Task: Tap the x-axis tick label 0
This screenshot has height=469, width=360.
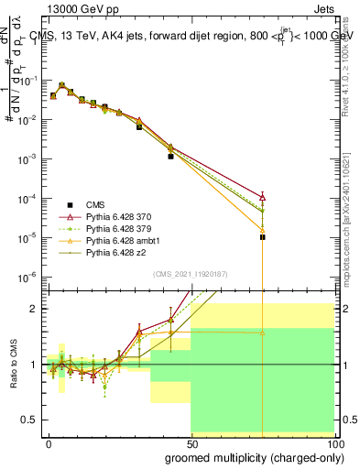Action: point(49,442)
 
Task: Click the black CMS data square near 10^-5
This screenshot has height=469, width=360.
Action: point(262,237)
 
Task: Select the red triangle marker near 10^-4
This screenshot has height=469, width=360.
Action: point(262,196)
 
